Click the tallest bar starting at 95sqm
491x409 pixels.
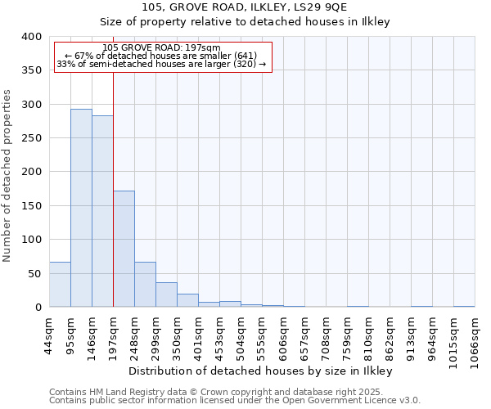[81, 208]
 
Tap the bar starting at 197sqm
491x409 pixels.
[124, 249]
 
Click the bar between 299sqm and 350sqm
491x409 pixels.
[166, 294]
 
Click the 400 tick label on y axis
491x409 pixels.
[31, 37]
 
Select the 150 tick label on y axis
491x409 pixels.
[31, 205]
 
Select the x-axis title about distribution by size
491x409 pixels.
[261, 371]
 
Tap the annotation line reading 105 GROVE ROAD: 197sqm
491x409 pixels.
[162, 47]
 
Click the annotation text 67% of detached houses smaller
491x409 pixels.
[162, 56]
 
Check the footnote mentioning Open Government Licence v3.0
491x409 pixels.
[234, 401]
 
